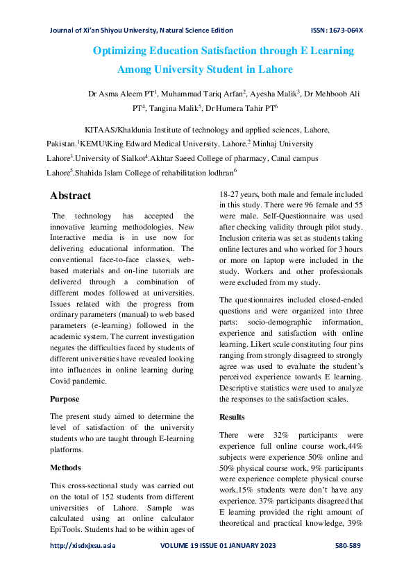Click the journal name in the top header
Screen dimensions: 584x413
point(141,31)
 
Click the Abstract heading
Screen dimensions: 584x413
point(71,196)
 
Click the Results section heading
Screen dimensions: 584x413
point(232,417)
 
